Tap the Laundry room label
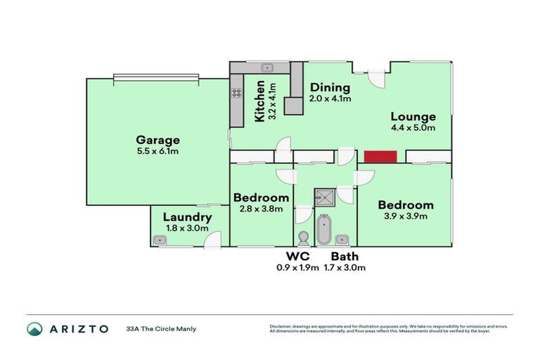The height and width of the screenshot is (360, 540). click(x=187, y=217)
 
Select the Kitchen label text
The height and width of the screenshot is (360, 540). click(x=259, y=101)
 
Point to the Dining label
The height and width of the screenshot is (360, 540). click(x=330, y=88)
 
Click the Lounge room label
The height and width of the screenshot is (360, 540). click(x=413, y=117)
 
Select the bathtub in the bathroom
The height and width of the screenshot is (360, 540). click(x=324, y=229)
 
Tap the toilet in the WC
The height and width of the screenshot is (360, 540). click(x=304, y=237)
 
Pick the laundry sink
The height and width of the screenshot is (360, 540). click(x=160, y=240)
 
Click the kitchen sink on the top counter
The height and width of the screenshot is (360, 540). click(x=267, y=67)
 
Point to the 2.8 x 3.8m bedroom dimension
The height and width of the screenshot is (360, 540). click(x=261, y=209)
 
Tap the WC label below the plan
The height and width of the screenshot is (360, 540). click(x=298, y=257)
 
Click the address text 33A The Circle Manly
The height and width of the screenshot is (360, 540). click(x=161, y=329)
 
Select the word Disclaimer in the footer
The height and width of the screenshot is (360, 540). click(x=281, y=327)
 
